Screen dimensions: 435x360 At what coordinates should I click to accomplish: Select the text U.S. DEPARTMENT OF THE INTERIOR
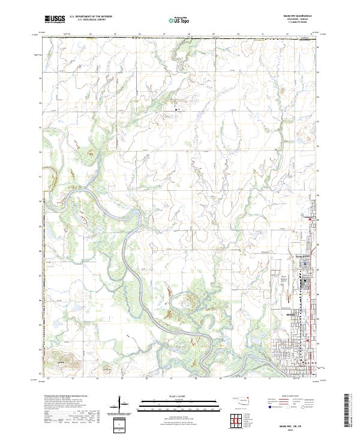pos(91,17)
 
